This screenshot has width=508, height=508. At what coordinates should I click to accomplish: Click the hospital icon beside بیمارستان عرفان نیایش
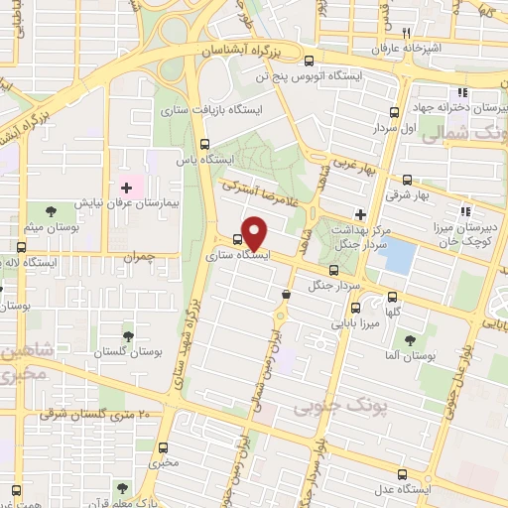click(126, 187)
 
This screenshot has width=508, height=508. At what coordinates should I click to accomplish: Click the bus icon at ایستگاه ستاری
click(236, 239)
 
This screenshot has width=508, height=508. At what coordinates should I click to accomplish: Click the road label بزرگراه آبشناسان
click(245, 49)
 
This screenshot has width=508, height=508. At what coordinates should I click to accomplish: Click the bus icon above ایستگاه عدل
click(401, 474)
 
